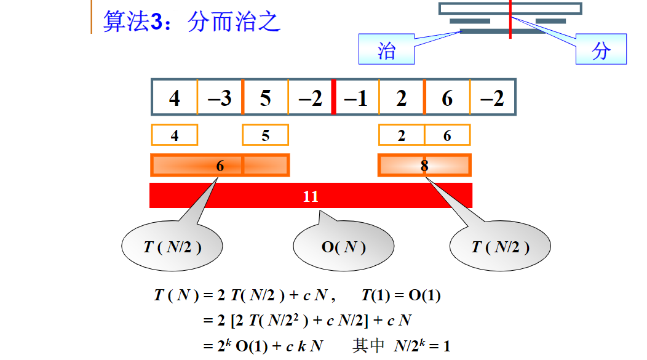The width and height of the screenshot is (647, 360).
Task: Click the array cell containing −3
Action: click(220, 98)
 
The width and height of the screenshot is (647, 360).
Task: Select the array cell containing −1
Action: click(356, 98)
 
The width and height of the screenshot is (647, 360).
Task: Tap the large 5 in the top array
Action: click(265, 98)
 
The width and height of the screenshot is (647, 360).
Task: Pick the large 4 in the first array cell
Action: click(175, 98)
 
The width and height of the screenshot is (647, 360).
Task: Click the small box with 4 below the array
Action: click(175, 135)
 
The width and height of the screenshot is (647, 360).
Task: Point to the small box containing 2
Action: click(401, 135)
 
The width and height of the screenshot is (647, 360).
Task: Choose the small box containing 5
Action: click(265, 135)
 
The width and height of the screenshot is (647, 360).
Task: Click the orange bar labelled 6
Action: click(220, 165)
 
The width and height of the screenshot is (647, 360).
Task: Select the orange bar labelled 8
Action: click(424, 165)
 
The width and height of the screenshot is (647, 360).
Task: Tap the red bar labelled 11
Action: click(311, 196)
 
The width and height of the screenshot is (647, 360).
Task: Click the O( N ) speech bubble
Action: click(343, 247)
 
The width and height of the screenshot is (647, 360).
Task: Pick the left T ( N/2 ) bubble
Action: click(172, 247)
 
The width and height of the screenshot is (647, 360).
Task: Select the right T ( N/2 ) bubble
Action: click(500, 247)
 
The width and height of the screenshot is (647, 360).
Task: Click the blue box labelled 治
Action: click(386, 50)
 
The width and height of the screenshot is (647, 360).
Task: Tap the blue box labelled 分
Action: click(600, 50)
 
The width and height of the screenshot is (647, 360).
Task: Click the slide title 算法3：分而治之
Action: click(191, 22)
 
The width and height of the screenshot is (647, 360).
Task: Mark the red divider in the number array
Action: click(333, 97)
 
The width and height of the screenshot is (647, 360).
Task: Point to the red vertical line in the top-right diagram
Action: click(510, 20)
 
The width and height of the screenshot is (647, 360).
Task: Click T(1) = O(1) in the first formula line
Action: click(401, 295)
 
